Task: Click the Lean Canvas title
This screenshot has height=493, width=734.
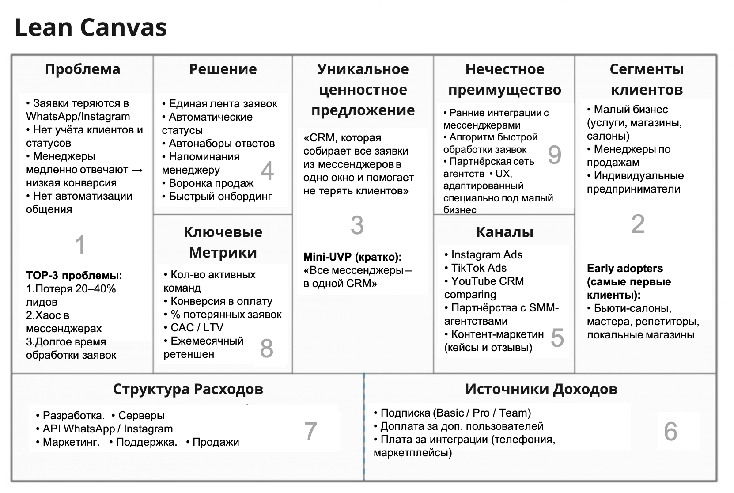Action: tap(91, 27)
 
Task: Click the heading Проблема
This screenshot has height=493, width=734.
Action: tap(83, 69)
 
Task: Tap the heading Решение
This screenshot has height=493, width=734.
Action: tap(223, 69)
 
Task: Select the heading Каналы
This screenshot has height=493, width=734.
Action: tap(504, 232)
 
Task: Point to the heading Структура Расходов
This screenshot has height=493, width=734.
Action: tap(188, 389)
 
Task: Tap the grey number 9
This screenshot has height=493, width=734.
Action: tap(554, 155)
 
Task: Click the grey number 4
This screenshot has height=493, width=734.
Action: tap(267, 171)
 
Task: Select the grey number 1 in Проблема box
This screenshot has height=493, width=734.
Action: tap(80, 245)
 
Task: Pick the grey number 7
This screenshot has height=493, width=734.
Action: tap(311, 431)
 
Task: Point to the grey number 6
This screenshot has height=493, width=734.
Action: tap(670, 431)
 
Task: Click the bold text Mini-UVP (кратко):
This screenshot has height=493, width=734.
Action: tap(352, 257)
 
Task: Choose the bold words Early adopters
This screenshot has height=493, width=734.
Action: tap(624, 269)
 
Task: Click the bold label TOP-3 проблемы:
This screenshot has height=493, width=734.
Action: tap(74, 276)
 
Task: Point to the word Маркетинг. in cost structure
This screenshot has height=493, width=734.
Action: tap(71, 442)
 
